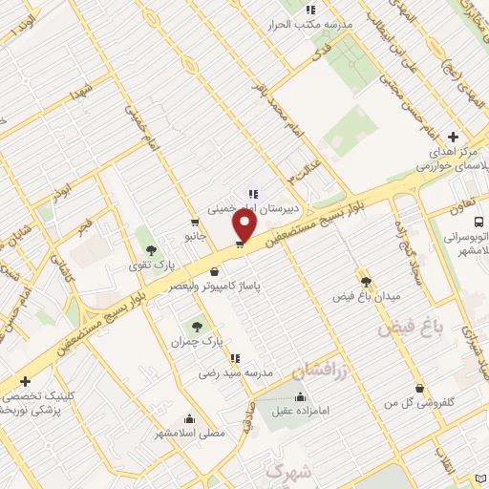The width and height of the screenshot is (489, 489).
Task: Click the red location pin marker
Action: (x=244, y=225)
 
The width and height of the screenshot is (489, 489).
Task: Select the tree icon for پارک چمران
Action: (x=198, y=327)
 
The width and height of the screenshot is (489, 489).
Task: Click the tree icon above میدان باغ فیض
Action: (x=364, y=281)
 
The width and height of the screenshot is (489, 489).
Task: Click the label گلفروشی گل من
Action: (x=417, y=404)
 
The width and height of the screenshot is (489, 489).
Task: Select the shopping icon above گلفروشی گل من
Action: (x=418, y=389)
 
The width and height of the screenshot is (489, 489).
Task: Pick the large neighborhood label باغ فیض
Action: (x=411, y=328)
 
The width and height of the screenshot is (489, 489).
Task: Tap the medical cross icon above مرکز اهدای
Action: (x=454, y=137)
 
